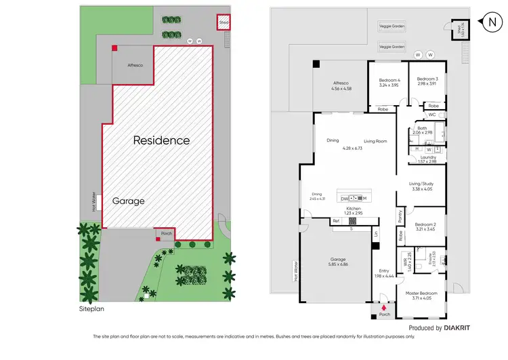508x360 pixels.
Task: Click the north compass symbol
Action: pyautogui.click(x=490, y=22)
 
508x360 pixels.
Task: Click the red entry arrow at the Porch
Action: pyautogui.click(x=385, y=306)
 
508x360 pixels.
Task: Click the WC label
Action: pyautogui.click(x=431, y=115)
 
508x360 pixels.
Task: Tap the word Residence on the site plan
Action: pyautogui.click(x=161, y=140)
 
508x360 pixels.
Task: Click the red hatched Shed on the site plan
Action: pyautogui.click(x=224, y=23)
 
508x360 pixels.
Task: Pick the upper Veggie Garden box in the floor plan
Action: pyautogui.click(x=391, y=26)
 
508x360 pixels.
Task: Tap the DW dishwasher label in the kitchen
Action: pyautogui.click(x=344, y=198)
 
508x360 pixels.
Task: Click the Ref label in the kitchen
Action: pyautogui.click(x=336, y=221)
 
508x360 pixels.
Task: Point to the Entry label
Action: pyautogui.click(x=384, y=272)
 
